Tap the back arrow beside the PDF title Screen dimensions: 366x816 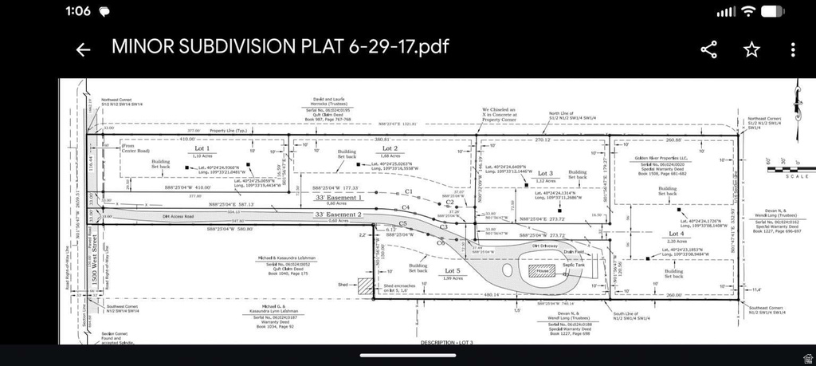[x=83, y=49]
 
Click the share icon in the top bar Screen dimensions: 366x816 [x=708, y=49]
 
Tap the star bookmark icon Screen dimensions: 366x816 [x=751, y=49]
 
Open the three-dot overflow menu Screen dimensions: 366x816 [x=793, y=49]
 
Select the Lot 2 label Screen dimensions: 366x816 [x=390, y=148]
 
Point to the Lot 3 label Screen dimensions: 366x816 [x=545, y=173]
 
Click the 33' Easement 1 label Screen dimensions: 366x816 [x=339, y=197]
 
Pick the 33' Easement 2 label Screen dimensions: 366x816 [x=339, y=214]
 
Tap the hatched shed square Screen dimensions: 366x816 [x=365, y=285]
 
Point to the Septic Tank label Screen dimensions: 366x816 [x=586, y=265]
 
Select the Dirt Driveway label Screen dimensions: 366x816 [x=544, y=246]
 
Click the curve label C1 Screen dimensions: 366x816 [x=408, y=191]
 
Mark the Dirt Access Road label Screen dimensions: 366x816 [x=178, y=215]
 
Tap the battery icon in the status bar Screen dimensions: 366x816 [x=772, y=11]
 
